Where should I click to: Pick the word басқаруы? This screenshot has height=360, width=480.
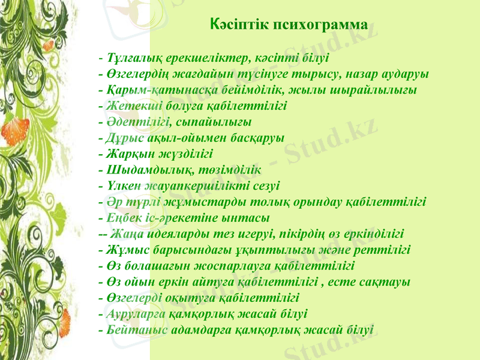click(258, 137)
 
